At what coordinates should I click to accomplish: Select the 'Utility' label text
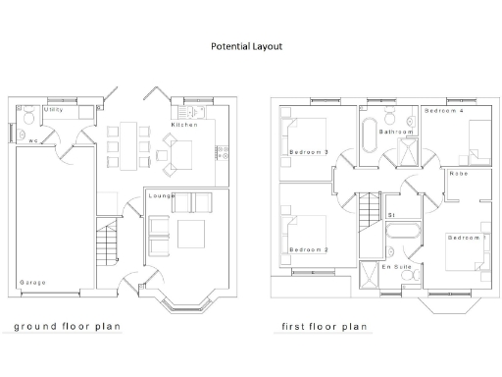coord(54,110)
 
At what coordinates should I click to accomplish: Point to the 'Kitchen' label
coord(184,126)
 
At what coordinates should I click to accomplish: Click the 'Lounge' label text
coord(162,196)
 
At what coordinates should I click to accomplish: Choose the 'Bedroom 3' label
coord(309,152)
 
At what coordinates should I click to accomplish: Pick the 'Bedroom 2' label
coord(309,250)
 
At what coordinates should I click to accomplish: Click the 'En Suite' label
coord(396,267)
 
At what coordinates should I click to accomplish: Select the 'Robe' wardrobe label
coord(458,174)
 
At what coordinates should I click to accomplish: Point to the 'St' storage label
coord(391,214)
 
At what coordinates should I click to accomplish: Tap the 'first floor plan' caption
coord(324,326)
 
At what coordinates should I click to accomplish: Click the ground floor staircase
coord(107,241)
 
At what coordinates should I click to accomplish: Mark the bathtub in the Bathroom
coord(370,137)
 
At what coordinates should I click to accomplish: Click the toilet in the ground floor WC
coord(29,117)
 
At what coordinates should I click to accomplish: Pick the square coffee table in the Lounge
coord(190,234)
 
